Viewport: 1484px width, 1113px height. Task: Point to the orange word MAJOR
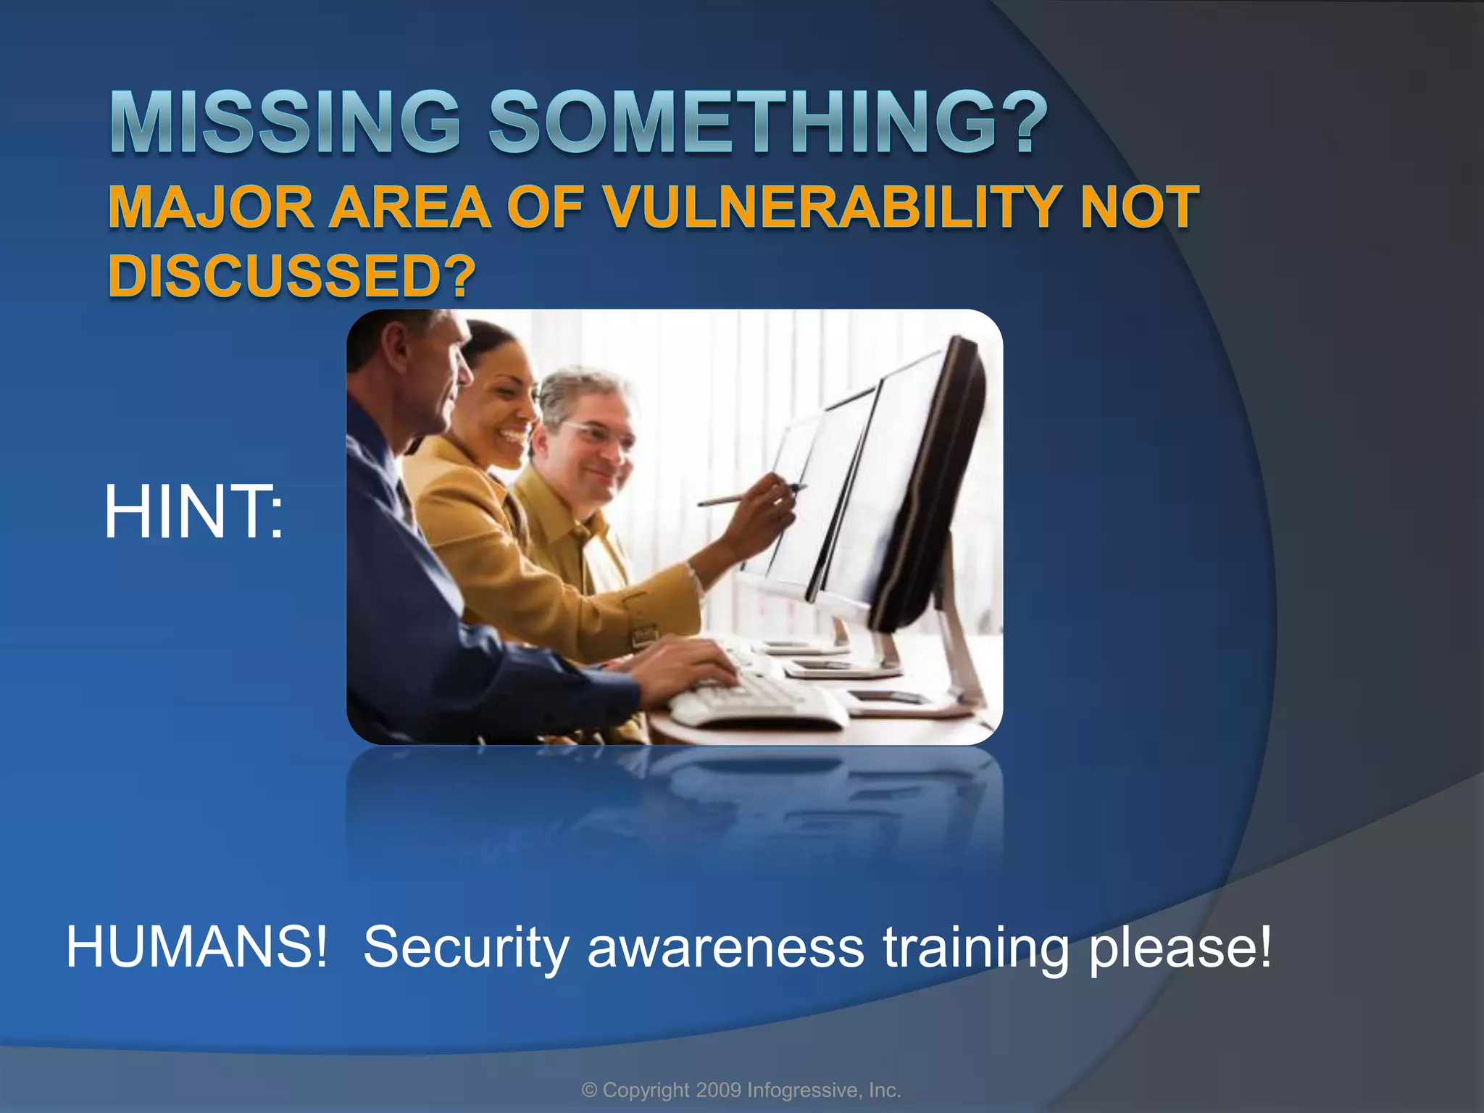[x=211, y=207]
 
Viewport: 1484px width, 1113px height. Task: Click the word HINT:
[x=193, y=513]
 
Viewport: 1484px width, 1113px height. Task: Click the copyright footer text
[x=741, y=1090]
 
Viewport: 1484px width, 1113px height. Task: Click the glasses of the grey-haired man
[x=594, y=433]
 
